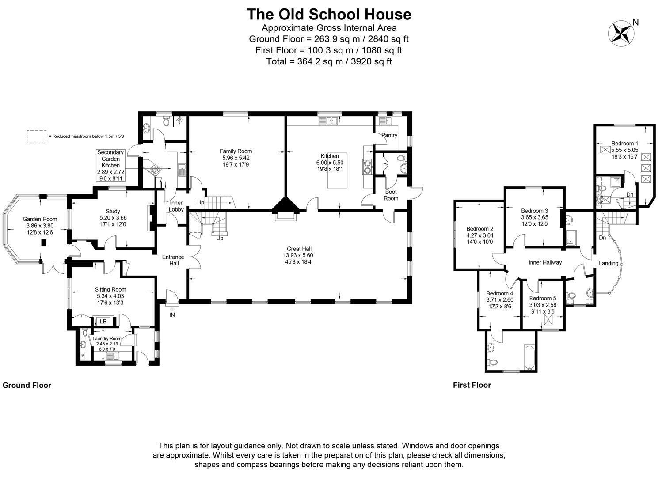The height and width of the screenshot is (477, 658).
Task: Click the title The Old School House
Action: point(329,15)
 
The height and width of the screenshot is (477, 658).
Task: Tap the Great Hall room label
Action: point(299,249)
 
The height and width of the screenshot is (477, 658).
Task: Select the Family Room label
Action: point(236,151)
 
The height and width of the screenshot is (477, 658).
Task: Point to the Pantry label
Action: point(389,135)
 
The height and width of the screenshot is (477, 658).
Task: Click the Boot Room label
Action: point(391,195)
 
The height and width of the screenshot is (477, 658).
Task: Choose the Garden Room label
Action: point(40,219)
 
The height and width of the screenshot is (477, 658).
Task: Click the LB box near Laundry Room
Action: point(103,322)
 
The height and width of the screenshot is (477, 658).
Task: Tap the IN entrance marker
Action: point(172,315)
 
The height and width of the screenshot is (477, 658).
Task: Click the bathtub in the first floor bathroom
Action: point(529,357)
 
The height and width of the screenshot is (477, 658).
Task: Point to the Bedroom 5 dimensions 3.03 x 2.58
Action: point(543,305)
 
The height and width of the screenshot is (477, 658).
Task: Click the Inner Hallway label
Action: point(545,262)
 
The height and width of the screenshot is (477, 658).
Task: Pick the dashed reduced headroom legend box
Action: point(37,136)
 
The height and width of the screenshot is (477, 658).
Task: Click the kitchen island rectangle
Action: point(338,170)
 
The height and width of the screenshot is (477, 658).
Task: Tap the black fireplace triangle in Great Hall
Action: point(285,204)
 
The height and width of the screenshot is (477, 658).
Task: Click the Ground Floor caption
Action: point(27,386)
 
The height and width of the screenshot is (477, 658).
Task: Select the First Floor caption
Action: point(472,385)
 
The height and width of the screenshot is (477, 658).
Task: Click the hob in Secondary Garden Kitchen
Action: point(155,169)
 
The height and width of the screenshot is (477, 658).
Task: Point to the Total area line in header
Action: point(329,61)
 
